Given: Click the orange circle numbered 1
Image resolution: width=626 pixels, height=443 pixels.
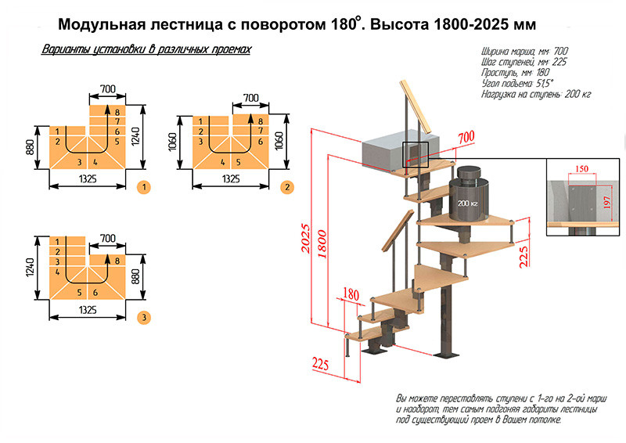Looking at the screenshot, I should pyautogui.click(x=144, y=187).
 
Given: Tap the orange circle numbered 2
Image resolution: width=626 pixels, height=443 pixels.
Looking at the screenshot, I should pyautogui.click(x=287, y=187).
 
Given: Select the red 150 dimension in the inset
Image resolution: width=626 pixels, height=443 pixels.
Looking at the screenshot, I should pyautogui.click(x=580, y=169).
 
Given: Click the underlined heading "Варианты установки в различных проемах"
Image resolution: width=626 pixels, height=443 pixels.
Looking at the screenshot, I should pyautogui.click(x=146, y=49).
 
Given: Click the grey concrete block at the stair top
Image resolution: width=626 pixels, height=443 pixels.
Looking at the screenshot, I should pyautogui.click(x=391, y=151).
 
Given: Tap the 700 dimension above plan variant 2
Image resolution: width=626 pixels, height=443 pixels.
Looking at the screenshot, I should pyautogui.click(x=250, y=98).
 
